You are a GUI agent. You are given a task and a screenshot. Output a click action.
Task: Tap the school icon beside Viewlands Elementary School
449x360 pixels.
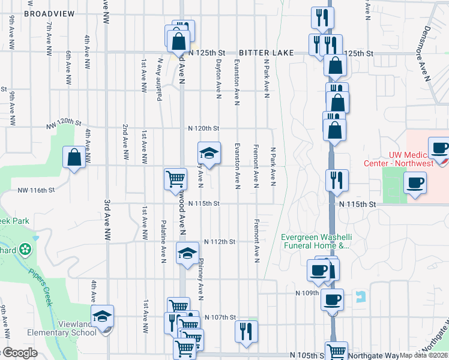click(x=102, y=316)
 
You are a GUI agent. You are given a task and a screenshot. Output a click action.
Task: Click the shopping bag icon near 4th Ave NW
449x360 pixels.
click(x=74, y=158)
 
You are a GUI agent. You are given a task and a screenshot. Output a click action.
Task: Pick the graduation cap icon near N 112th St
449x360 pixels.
click(x=187, y=253)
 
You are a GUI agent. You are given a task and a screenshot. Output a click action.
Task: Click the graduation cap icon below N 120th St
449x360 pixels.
click(x=209, y=153)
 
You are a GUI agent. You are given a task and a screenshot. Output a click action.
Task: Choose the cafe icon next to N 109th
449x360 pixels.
click(x=331, y=299)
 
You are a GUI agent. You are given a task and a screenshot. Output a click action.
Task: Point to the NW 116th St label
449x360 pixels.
click(x=36, y=190)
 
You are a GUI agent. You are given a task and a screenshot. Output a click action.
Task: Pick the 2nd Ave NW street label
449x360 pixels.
click(x=125, y=142)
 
